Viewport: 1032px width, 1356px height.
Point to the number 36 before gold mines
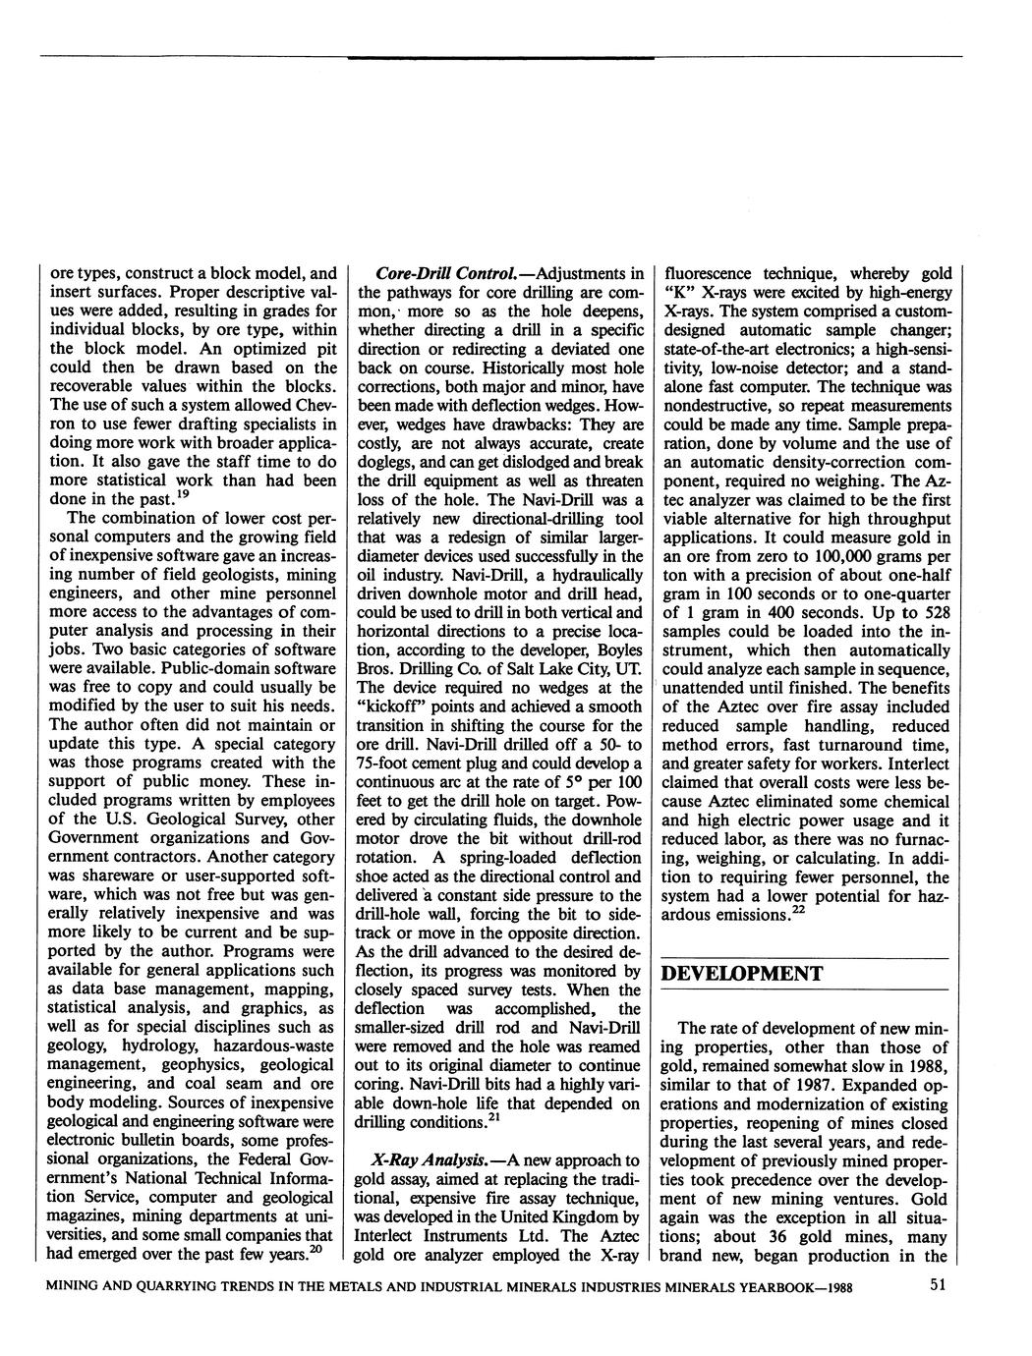(751, 1236)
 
